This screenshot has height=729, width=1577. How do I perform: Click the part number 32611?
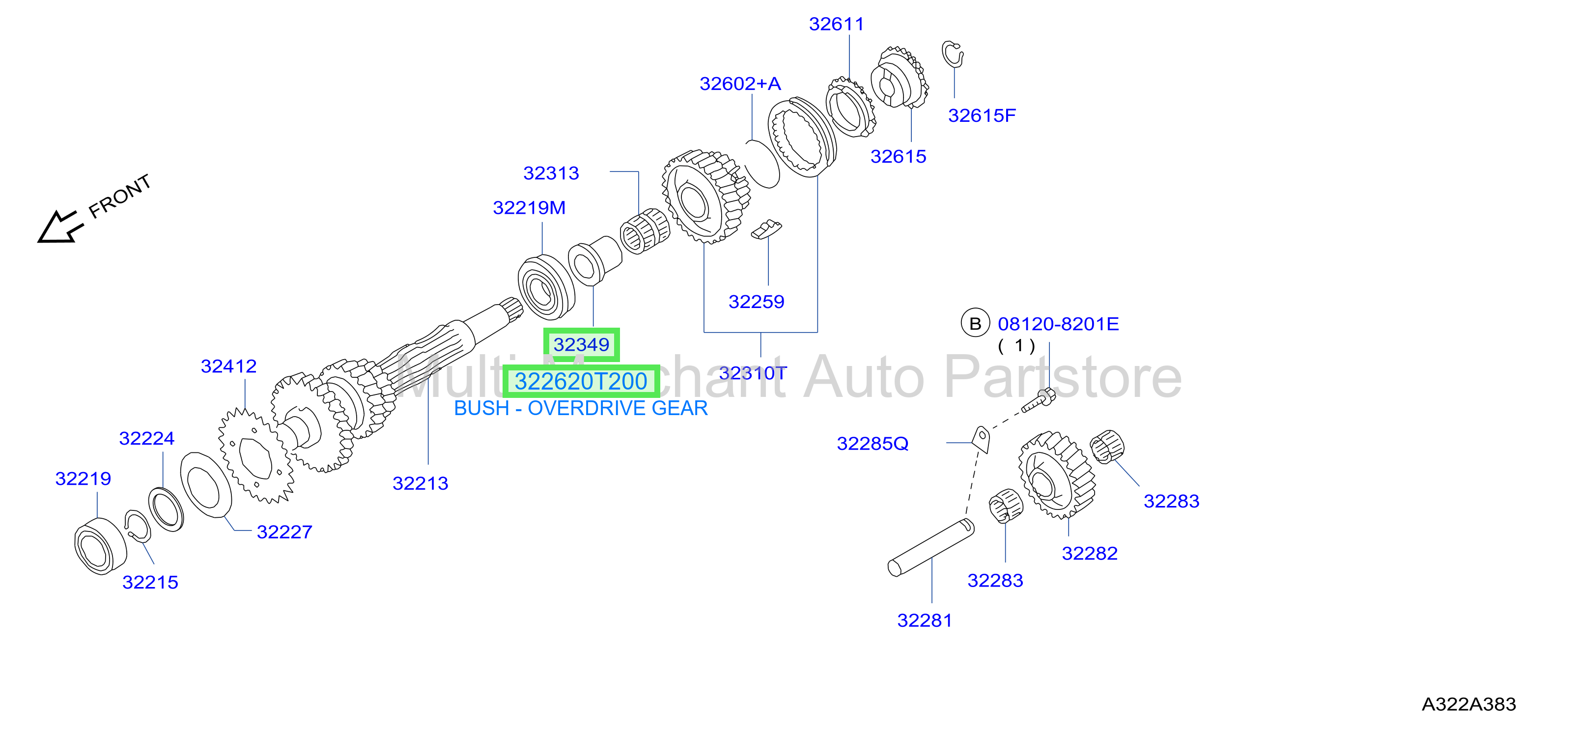coord(836,25)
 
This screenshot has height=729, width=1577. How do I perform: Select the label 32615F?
coord(982,115)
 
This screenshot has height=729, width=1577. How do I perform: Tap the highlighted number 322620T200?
coord(580,381)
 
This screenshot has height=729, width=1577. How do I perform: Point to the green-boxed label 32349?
coord(581,345)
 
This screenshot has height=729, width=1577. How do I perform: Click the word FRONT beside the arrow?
coord(120,196)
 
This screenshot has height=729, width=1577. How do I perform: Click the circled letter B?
coord(975,324)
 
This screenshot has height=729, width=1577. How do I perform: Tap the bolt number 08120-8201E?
coord(1058,324)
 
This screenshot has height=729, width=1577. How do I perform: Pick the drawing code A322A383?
coord(1468,704)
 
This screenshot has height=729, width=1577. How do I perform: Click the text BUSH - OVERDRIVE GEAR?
coord(580,408)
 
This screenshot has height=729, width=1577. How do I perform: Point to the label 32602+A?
coord(740,84)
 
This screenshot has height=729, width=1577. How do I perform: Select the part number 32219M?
coord(529,208)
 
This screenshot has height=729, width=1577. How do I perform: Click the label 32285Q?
coord(873,444)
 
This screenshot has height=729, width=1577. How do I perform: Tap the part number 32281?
coord(925,620)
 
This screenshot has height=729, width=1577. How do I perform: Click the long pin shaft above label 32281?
coord(930,548)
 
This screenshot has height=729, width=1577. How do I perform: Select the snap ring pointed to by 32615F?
coord(952,54)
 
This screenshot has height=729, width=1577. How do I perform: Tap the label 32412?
coord(228,366)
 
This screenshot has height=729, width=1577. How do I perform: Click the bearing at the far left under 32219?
coord(100,546)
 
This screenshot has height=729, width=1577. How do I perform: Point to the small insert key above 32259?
coord(766,229)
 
